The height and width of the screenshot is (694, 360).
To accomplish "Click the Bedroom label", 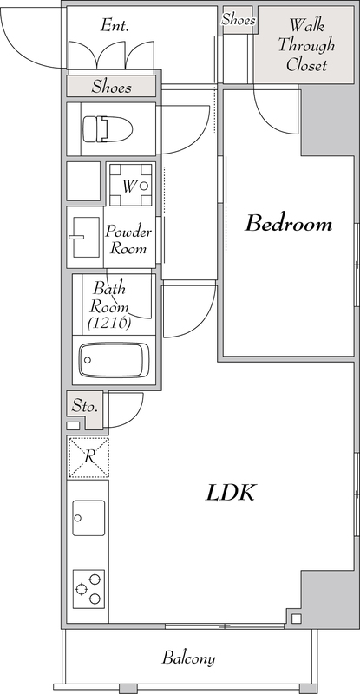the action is point(289,224).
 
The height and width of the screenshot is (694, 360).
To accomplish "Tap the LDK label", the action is point(230,493).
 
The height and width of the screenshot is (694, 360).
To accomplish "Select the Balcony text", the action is point(188,658).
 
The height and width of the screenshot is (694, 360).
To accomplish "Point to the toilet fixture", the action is point(108,129).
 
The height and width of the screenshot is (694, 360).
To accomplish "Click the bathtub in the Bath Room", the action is point(114,360).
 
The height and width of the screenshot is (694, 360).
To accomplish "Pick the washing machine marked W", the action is point(131,185).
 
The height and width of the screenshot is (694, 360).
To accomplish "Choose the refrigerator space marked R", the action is point(88,457).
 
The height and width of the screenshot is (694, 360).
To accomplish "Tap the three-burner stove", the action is point(88,589).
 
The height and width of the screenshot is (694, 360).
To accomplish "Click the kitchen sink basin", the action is point(88,518).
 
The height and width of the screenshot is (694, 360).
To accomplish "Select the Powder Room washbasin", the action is point(84,237).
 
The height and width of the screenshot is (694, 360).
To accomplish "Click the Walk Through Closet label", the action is point(306,45).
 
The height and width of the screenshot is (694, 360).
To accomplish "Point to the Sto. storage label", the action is point(84,406).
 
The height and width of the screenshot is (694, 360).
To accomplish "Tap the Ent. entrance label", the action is point(115,26).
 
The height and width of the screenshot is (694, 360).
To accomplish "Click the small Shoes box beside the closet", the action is point(238,20).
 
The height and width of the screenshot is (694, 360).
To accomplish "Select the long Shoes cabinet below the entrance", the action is point(111,86).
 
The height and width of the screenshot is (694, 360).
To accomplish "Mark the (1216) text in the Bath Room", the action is point(109,324).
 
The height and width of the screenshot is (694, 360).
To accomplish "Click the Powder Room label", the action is point(128,239).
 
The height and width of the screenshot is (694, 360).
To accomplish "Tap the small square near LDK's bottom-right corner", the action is point(296,619).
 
